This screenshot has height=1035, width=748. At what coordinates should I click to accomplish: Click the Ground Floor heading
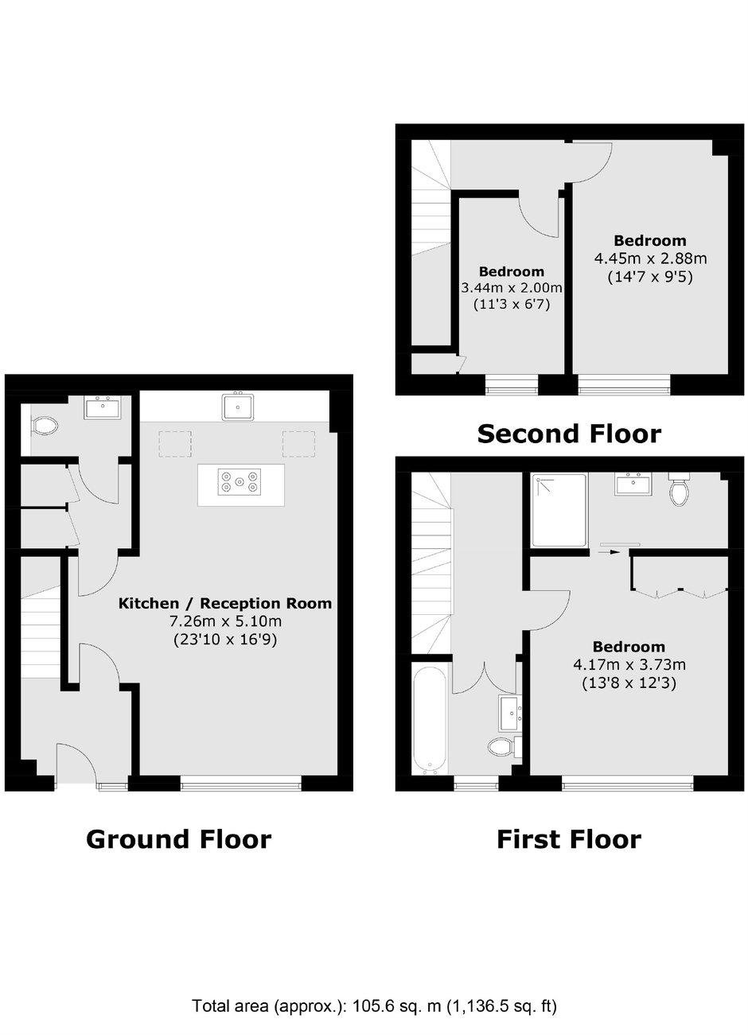178,839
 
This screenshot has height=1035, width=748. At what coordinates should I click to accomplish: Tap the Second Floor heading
569,434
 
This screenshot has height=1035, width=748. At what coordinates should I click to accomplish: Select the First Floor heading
569,839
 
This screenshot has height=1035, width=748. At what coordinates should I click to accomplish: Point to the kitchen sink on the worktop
238,407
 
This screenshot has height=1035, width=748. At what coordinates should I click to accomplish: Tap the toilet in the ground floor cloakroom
44,426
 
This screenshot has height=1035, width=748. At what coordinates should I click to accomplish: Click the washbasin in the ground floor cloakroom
101,407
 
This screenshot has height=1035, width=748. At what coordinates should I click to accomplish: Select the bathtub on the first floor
430,720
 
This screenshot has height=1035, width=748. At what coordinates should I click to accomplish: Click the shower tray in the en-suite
559,510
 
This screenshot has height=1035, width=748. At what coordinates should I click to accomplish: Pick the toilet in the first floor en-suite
679,488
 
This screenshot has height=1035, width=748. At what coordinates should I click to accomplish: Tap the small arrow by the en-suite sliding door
610,551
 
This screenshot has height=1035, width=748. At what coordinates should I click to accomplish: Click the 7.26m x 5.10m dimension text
226,621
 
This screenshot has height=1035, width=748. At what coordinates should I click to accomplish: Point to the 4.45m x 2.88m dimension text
650,259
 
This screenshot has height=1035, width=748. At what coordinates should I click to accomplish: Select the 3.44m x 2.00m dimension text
512,288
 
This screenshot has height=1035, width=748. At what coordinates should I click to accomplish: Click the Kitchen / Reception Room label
225,603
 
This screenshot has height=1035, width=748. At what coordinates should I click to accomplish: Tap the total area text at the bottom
374,1006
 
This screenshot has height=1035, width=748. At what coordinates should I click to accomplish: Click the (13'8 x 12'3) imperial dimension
629,683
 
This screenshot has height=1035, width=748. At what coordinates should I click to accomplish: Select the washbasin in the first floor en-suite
633,484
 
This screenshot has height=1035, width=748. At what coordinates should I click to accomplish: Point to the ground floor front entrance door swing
76,762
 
